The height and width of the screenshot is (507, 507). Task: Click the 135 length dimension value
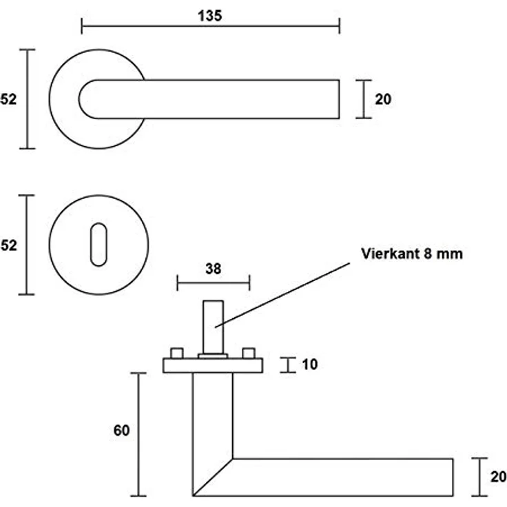210,16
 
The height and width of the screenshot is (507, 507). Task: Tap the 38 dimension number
213,269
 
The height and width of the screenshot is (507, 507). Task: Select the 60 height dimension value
121,431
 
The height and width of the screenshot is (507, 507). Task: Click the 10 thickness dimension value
310,364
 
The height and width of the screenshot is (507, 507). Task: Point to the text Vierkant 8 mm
412,253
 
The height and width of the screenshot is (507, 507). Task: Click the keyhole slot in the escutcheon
99,245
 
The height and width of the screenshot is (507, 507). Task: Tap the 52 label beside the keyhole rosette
9,245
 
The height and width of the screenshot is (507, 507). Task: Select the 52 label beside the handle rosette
8,99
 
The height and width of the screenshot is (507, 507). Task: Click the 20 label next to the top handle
383,99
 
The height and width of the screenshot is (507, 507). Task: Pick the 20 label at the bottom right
499,477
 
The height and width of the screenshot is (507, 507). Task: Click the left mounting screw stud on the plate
177,353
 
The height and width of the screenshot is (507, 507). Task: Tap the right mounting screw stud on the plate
249,353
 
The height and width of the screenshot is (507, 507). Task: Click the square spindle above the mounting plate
213,327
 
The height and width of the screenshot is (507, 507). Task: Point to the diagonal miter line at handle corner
212,477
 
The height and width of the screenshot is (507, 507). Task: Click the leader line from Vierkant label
282,295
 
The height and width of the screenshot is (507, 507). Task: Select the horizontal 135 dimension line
211,26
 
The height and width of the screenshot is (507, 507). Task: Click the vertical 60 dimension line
138,434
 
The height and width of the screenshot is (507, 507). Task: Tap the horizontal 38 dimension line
214,283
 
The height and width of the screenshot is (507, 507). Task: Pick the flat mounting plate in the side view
213,366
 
